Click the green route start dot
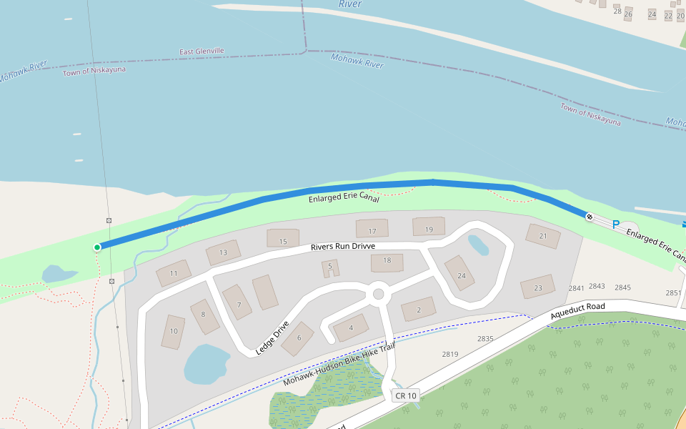(97, 247)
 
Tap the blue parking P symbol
(615, 225)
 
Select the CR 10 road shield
(404, 395)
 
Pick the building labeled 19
(429, 227)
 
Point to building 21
(542, 235)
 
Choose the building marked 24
(460, 273)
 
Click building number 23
(537, 287)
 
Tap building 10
(173, 332)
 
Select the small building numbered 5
(329, 268)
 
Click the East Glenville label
(202, 51)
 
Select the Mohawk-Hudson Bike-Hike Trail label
(339, 365)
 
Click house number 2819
(450, 354)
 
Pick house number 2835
(485, 338)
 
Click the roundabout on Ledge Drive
(379, 294)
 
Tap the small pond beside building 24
(478, 245)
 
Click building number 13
(223, 252)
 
